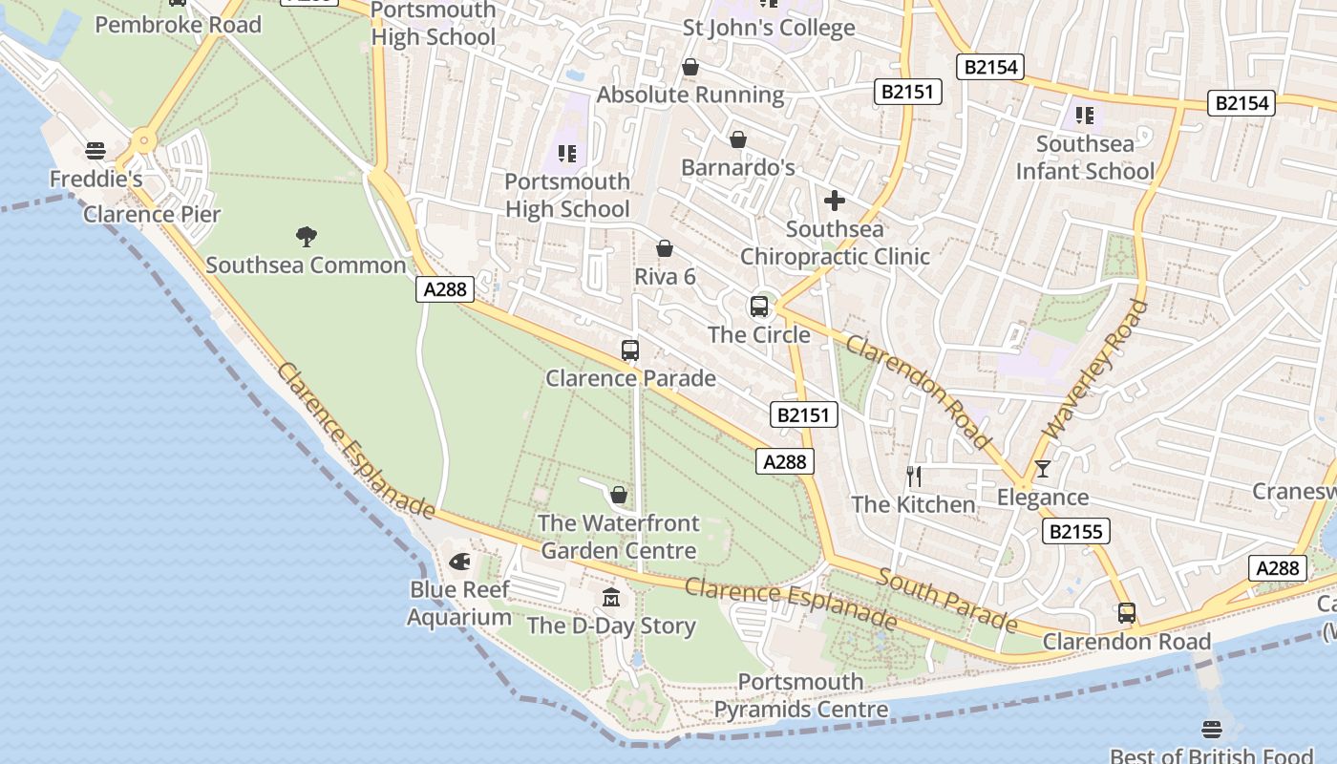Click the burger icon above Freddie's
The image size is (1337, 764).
coord(95,151)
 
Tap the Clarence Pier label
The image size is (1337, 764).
coord(152,214)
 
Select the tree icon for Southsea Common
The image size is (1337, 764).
coord(307,236)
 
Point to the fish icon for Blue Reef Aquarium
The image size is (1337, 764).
coord(459,561)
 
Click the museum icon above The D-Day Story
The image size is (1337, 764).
coord(611,598)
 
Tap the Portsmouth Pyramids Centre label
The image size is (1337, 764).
coord(801,696)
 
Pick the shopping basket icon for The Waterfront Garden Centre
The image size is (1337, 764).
coord(619,495)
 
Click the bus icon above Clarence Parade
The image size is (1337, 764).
coord(630,350)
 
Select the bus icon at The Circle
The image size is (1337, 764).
coord(759,307)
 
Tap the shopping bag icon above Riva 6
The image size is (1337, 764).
coord(665,249)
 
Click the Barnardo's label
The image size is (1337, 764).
coord(737,168)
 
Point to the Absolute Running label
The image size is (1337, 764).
coord(690,95)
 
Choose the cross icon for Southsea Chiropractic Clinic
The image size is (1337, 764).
coord(835,201)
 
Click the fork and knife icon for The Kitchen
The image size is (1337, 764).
coord(914,476)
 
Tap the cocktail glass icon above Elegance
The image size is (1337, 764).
coord(1042,469)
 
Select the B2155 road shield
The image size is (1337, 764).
coord(1075,532)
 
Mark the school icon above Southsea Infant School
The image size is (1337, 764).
coord(1085,116)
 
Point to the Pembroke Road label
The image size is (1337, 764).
coord(179,25)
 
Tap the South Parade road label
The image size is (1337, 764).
coord(946,600)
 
